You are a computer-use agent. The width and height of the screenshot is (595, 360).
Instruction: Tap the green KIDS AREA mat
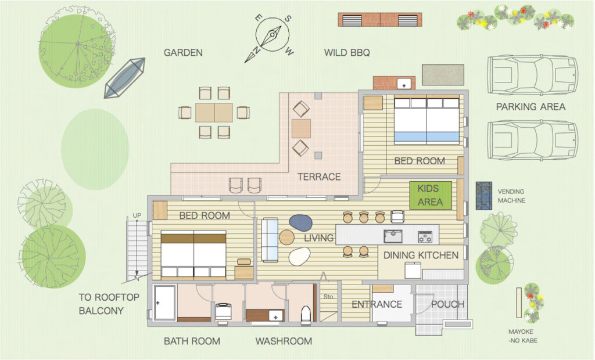tap(431, 195)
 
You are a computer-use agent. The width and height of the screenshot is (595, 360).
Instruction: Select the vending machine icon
tap(484, 196)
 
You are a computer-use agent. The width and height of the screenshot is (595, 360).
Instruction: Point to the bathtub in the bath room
tap(164, 303)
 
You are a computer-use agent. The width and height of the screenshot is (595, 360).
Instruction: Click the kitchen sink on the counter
tap(393, 236)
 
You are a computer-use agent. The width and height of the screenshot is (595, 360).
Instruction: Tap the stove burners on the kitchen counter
tap(425, 237)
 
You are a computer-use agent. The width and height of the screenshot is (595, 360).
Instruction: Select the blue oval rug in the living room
tap(300, 222)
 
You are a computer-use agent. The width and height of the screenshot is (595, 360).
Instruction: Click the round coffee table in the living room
tap(286, 237)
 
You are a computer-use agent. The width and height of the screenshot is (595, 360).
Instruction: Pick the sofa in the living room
tap(270, 240)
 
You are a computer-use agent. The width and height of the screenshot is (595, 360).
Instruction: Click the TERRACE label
tap(319, 177)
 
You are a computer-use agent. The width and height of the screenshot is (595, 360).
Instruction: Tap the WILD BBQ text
tap(347, 53)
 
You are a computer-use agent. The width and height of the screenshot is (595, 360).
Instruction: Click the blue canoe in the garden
tap(125, 78)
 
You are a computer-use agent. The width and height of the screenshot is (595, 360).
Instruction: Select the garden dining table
tap(214, 113)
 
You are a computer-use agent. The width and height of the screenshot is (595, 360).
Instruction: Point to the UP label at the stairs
tap(137, 215)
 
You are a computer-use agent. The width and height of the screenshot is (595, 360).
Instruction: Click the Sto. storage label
tap(329, 297)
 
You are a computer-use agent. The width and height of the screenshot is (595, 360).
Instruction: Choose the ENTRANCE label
tap(377, 304)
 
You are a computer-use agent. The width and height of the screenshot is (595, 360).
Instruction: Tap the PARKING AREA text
tap(531, 107)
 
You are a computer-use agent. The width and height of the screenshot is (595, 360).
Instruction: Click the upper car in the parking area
tap(532, 75)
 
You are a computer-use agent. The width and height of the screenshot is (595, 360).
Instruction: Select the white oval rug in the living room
tap(300, 257)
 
